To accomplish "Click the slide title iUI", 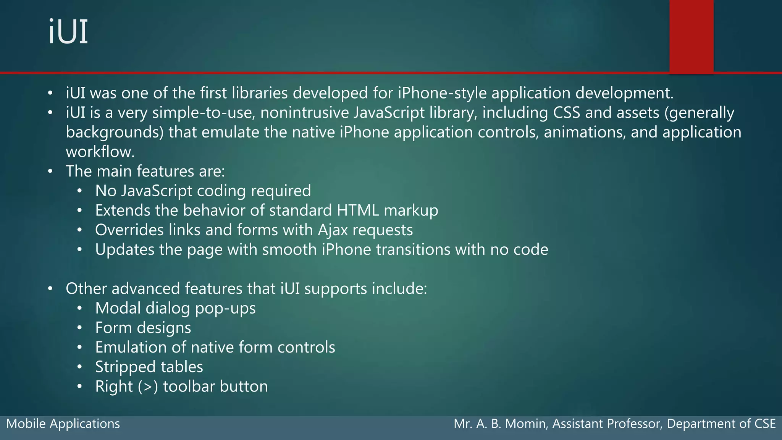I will pyautogui.click(x=68, y=32).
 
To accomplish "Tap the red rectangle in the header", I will pyautogui.click(x=691, y=36).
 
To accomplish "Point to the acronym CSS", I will pyautogui.click(x=566, y=113).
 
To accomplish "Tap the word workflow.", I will pyautogui.click(x=100, y=152).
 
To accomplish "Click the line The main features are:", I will pyautogui.click(x=145, y=171).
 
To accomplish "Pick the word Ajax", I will pyautogui.click(x=333, y=230).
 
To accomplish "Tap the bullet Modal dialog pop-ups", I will pyautogui.click(x=175, y=308).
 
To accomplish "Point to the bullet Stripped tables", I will pyautogui.click(x=149, y=367).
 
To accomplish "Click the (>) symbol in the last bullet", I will pyautogui.click(x=148, y=387).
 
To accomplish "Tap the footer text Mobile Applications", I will pyautogui.click(x=63, y=424).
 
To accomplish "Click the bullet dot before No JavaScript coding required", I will pyautogui.click(x=79, y=191).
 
